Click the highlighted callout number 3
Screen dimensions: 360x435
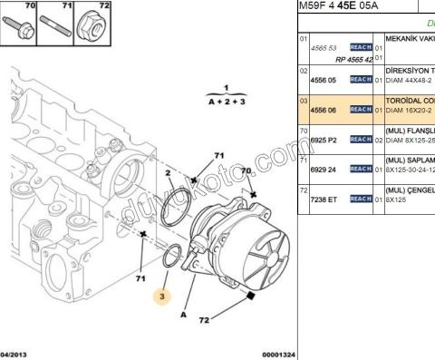[162, 296]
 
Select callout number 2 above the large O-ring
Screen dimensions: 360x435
[169, 172]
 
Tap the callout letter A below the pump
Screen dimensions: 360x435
[186, 315]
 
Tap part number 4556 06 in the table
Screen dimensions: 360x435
[324, 109]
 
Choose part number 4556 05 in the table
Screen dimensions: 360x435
[324, 80]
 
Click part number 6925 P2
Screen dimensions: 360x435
[324, 139]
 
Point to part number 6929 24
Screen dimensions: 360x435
[324, 169]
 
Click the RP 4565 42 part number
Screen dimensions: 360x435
[354, 58]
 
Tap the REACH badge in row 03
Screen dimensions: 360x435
[361, 109]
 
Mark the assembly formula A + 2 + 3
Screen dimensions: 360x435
[227, 103]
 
